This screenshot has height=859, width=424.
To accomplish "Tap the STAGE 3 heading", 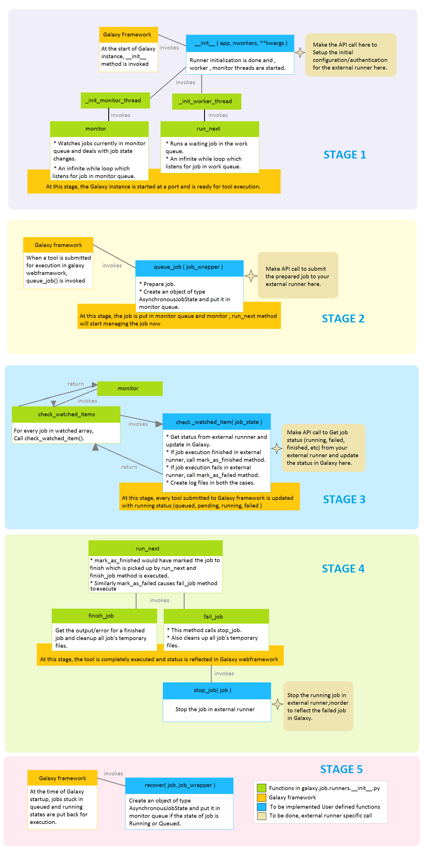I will tap(344, 499).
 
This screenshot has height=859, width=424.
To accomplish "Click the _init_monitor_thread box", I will tap(115, 100).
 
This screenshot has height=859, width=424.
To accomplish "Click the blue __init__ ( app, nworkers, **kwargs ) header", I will tap(240, 43).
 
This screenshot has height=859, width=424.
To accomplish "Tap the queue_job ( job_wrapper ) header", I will tap(189, 267).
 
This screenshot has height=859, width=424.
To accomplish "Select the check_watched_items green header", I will tap(66, 414).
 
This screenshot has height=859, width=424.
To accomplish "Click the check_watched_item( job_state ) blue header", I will tap(217, 422).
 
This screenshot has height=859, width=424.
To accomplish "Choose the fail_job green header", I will tap(216, 616).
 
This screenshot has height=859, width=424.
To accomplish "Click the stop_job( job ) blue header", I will tap(217, 690).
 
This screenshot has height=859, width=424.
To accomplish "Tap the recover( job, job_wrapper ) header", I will tap(179, 785).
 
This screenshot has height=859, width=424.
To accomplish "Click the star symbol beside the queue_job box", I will tap(251, 276).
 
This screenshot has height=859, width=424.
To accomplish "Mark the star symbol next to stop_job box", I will tap(277, 704).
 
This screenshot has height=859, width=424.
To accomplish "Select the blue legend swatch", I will tap(261, 806).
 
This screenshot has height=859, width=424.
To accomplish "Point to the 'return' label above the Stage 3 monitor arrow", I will tap(76, 384).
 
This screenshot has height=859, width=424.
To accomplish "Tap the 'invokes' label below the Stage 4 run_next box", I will tap(159, 600).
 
